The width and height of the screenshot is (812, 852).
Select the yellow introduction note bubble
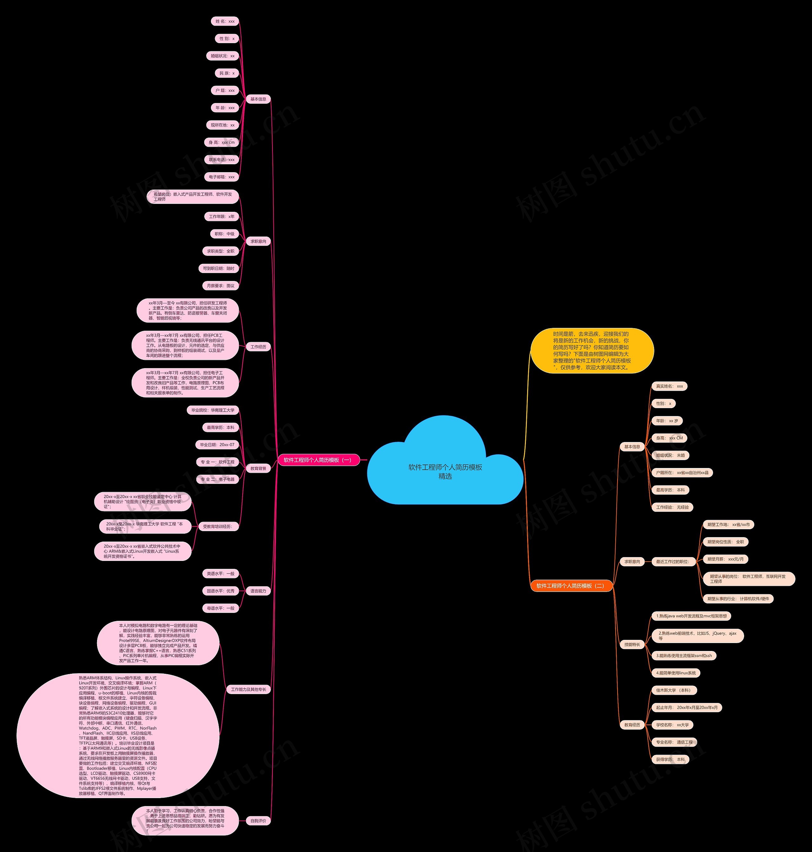pyautogui.click(x=592, y=350)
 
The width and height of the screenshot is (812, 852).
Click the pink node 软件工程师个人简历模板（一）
pyautogui.click(x=318, y=460)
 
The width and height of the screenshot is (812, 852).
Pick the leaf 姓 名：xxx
pyautogui.click(x=225, y=21)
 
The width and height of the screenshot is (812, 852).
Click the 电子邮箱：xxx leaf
pyautogui.click(x=222, y=177)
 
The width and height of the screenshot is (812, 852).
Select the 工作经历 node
pyautogui.click(x=259, y=347)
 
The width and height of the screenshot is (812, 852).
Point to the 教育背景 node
pyautogui.click(x=259, y=468)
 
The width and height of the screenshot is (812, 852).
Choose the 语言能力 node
pyautogui.click(x=259, y=591)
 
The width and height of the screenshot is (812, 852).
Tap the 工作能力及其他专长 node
pyautogui.click(x=248, y=689)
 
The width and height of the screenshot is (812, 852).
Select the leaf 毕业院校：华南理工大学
pyautogui.click(x=213, y=410)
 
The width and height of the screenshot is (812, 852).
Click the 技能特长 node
pyautogui.click(x=632, y=644)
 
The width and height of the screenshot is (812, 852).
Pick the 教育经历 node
pyautogui.click(x=632, y=725)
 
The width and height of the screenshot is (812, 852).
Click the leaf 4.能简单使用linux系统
pyautogui.click(x=676, y=673)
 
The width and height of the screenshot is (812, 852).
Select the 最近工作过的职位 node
pyautogui.click(x=673, y=562)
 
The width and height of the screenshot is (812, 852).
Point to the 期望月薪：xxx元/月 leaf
pyautogui.click(x=725, y=559)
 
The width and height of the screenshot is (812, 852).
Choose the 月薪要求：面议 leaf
pyautogui.click(x=220, y=286)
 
